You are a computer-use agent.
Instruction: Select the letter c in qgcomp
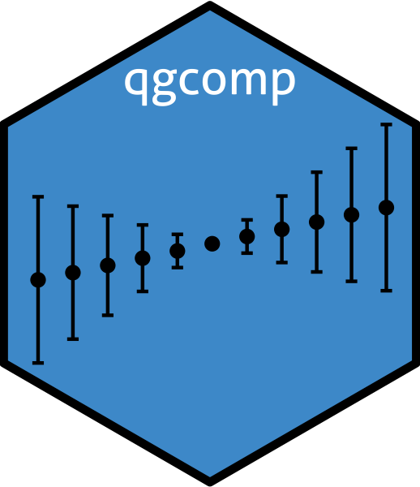pyautogui.click(x=189, y=81)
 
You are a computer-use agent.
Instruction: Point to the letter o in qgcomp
pyautogui.click(x=215, y=81)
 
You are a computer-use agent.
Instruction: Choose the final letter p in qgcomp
pyautogui.click(x=284, y=86)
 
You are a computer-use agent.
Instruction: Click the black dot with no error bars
pyautogui.click(x=212, y=243)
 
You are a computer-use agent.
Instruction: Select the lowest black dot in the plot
pyautogui.click(x=38, y=280)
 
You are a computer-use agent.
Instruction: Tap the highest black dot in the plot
pyautogui.click(x=387, y=208)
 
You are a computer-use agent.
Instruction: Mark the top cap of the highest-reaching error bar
pyautogui.click(x=387, y=124)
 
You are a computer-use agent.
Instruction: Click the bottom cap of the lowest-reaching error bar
pyautogui.click(x=38, y=363)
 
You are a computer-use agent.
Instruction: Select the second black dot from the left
pyautogui.click(x=73, y=273)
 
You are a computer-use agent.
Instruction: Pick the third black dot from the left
pyautogui.click(x=108, y=265)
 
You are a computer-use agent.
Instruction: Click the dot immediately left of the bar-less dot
pyautogui.click(x=178, y=251)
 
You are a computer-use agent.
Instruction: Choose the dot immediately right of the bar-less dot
pyautogui.click(x=247, y=237)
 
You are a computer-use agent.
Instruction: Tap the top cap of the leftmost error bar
pyautogui.click(x=38, y=197)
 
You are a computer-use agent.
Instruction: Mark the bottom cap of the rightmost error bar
pyautogui.click(x=387, y=291)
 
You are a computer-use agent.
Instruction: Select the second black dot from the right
pyautogui.click(x=351, y=215)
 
